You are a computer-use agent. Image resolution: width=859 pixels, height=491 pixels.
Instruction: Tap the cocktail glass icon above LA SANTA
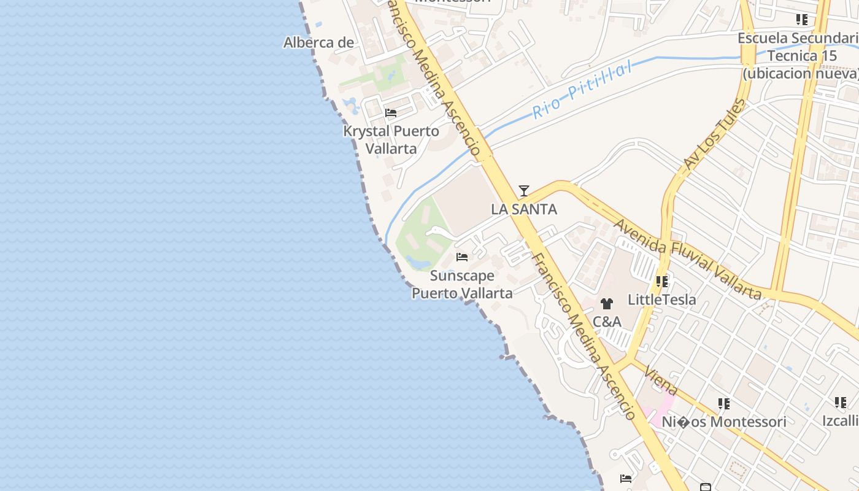coord(523,191)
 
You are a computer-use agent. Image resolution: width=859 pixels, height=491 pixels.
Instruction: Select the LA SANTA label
coord(523,209)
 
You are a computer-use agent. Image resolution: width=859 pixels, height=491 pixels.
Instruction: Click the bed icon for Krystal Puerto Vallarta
coord(390,113)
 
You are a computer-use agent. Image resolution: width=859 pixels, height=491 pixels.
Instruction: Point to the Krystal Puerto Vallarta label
coord(391,140)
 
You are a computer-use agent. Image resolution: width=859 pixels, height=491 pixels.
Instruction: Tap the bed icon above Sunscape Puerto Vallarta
coord(462,257)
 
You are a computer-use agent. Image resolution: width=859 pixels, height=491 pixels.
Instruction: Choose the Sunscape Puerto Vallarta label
coord(462,284)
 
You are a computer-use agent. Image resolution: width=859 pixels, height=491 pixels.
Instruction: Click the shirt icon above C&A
coord(607,303)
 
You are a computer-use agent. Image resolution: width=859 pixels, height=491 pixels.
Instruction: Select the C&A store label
coord(607,322)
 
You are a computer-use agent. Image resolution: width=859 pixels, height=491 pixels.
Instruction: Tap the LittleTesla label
coord(661,300)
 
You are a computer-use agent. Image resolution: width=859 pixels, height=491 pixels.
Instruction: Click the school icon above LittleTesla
coord(661,282)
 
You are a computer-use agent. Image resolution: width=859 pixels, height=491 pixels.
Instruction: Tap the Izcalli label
coord(840,421)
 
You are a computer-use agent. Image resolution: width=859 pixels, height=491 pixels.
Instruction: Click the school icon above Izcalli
coord(840,403)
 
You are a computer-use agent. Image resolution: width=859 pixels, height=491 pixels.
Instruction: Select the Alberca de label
coord(318,42)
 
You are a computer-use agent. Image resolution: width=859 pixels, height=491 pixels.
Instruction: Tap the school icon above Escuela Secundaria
coord(801,20)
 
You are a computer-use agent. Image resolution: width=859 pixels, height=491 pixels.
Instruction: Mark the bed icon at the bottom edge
coord(626,479)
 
